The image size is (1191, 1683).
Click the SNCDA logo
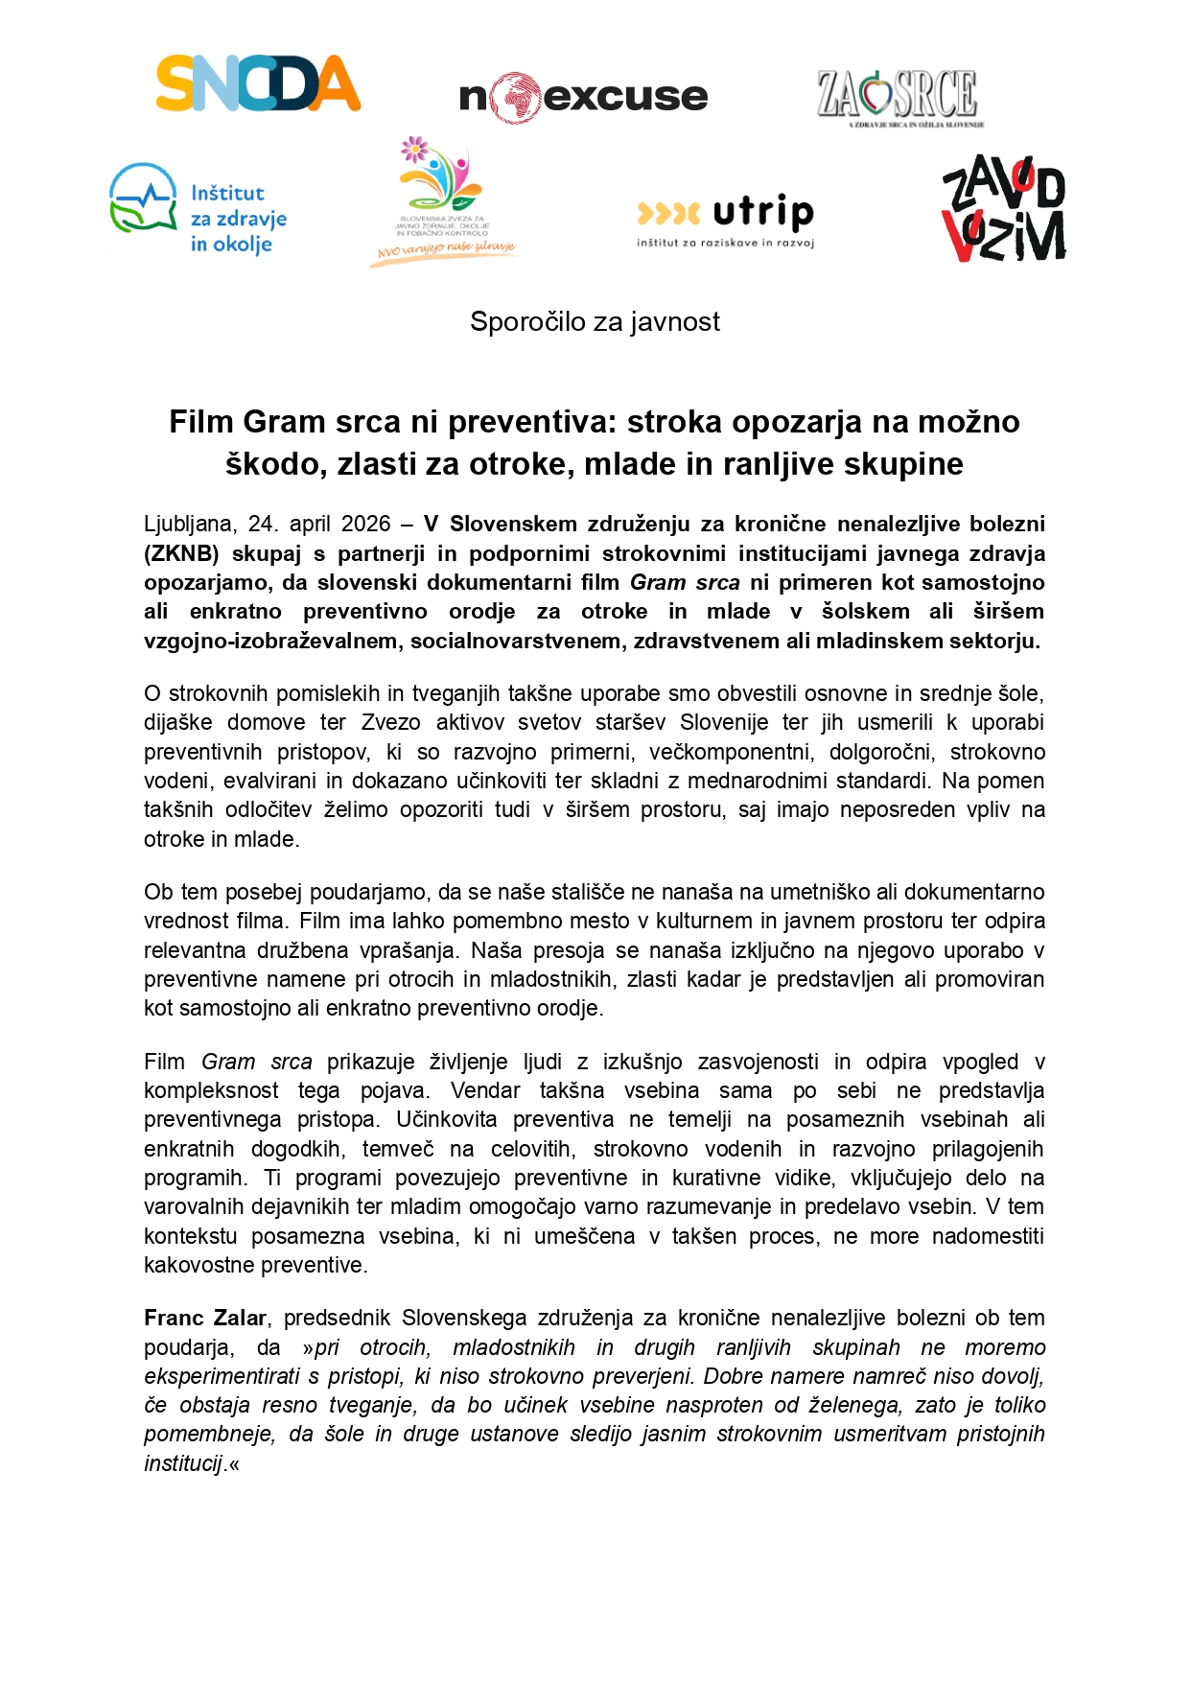258,83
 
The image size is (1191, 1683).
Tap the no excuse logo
583,97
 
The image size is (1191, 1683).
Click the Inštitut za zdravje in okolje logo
198,209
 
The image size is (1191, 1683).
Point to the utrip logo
726,220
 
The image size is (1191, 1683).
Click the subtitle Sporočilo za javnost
595,322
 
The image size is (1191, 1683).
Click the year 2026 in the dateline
365,525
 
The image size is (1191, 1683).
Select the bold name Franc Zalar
205,1319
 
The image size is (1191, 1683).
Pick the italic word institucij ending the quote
183,1464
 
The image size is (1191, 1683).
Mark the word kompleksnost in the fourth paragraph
211,1091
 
